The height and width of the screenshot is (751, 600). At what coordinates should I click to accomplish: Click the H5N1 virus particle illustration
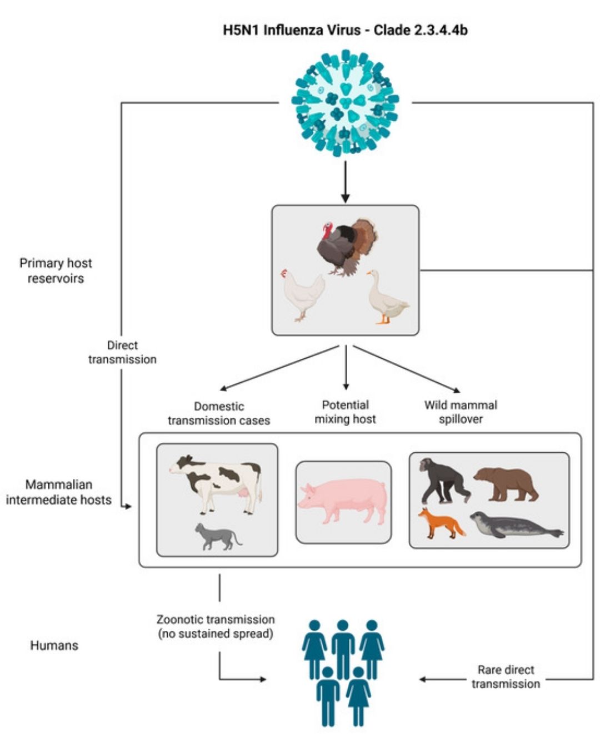pos(346,102)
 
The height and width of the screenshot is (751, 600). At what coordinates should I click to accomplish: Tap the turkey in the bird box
pos(347,246)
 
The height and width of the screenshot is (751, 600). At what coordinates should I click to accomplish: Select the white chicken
pos(302,294)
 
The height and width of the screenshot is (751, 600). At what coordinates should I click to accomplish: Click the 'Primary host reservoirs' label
pos(56,271)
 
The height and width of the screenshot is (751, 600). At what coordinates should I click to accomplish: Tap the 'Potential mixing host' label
pos(345,412)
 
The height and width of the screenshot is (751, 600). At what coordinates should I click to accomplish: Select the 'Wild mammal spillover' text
pos(461,412)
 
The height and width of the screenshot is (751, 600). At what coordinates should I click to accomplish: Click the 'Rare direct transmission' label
pos(506,677)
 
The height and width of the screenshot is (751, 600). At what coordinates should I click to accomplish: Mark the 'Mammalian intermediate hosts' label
pos(58,492)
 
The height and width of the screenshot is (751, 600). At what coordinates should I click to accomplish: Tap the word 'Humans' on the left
pos(54,645)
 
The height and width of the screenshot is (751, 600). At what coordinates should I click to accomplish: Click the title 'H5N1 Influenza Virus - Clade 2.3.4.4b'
pos(345,30)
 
